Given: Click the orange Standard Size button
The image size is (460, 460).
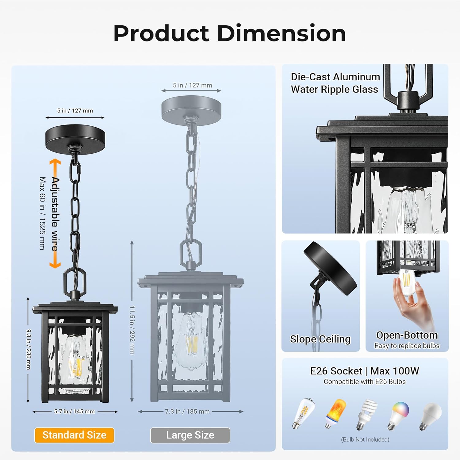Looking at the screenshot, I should point(74,435).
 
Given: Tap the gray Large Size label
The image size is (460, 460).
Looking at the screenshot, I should point(190,435).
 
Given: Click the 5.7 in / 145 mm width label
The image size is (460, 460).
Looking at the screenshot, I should point(75,412).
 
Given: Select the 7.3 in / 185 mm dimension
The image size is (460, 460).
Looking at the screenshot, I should point(187,412).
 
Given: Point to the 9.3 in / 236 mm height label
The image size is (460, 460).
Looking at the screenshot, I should point(29,349).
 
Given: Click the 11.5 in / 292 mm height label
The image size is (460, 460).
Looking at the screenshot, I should point(132,330).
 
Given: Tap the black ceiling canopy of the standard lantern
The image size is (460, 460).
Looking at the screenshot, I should point(75,137).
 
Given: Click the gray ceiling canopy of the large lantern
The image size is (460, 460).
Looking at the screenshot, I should point(191,109).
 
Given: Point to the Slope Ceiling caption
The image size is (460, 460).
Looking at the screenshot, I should point(320,339).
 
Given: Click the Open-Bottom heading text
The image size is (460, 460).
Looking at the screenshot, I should point(407,335).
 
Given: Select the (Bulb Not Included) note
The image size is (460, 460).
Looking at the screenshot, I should point(365,439).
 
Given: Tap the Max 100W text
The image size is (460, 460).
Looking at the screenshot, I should point(394,371).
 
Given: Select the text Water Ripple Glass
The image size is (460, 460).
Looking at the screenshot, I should point(334,89).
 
